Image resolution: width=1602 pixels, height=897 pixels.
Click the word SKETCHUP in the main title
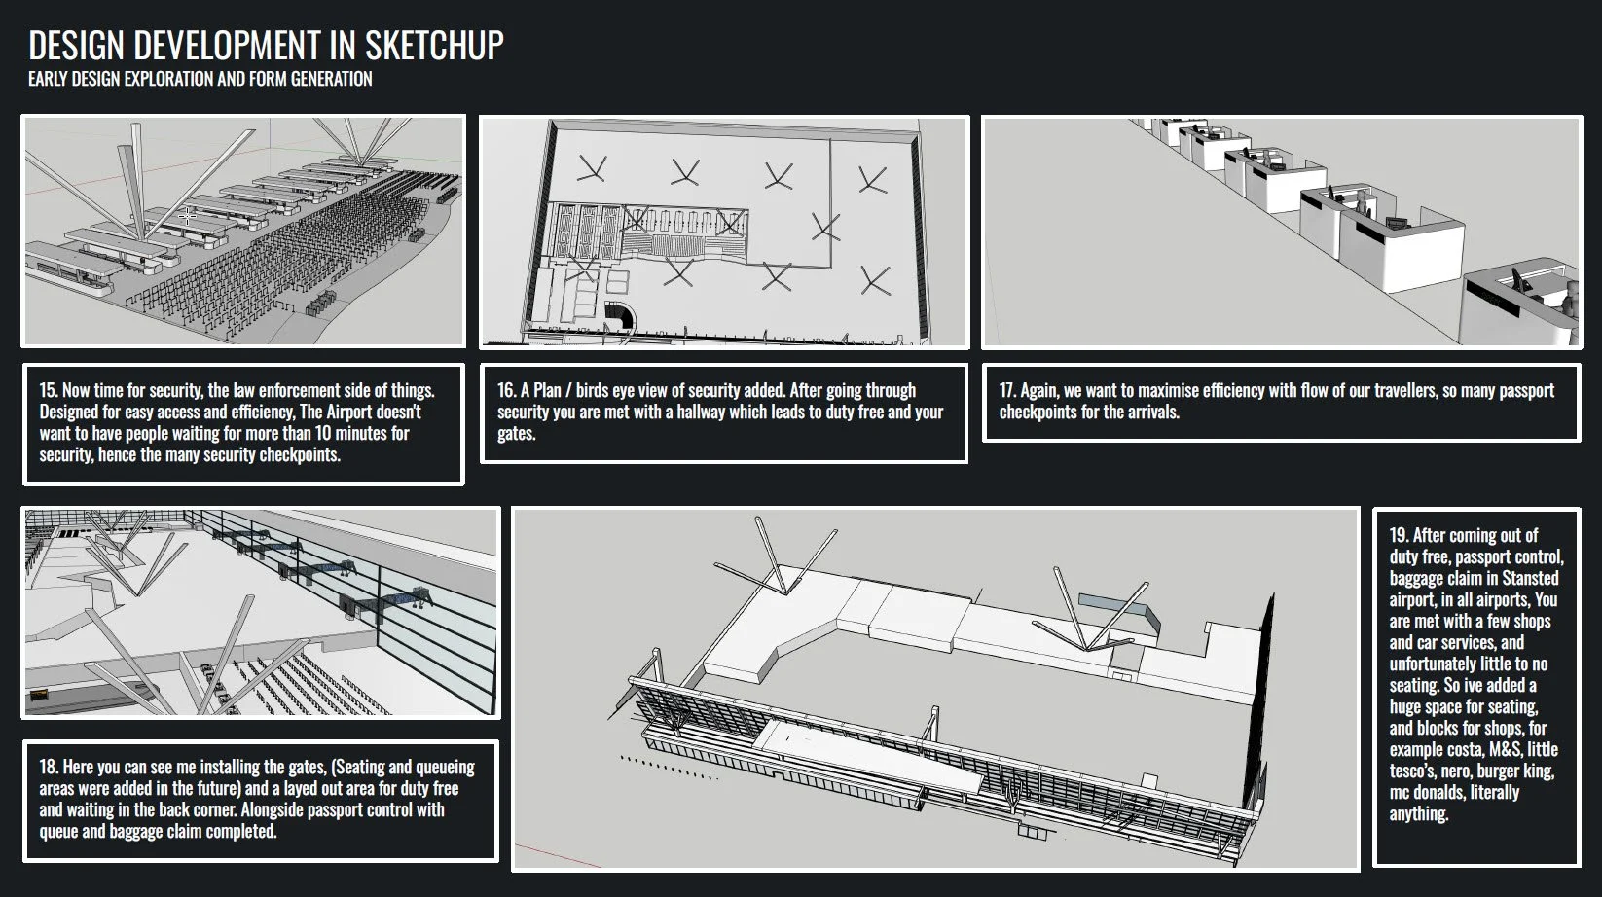(x=434, y=45)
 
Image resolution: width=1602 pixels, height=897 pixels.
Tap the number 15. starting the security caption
(x=49, y=390)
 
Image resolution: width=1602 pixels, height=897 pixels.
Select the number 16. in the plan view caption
(x=507, y=390)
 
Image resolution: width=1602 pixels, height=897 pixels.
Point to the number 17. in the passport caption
(x=1007, y=390)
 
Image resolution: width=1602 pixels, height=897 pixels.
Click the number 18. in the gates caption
(x=49, y=767)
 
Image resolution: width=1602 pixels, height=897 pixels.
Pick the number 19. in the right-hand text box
(x=1400, y=535)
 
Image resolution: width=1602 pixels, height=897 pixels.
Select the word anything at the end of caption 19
(x=1419, y=814)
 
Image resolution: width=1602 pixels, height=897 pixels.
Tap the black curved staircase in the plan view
(x=619, y=314)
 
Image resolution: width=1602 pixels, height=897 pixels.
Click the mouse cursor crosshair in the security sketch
(x=188, y=216)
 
